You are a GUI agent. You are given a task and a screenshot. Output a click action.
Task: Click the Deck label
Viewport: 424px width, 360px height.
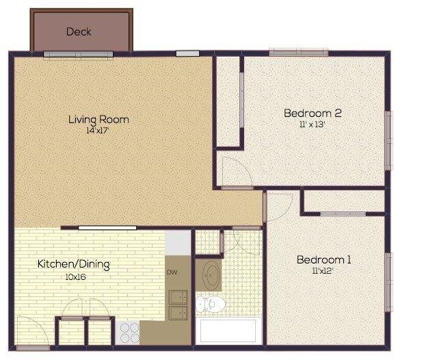(79, 31)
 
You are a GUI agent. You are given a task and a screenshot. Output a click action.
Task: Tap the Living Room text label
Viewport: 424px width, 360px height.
(98, 119)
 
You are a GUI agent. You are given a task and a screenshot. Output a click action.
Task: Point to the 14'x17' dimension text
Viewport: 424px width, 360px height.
(98, 130)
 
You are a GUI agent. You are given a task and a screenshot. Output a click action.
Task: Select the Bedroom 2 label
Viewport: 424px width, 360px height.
(313, 113)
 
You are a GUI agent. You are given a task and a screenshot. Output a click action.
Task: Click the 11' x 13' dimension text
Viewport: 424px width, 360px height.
(313, 125)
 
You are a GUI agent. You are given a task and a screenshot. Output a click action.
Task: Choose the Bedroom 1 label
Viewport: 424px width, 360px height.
(323, 259)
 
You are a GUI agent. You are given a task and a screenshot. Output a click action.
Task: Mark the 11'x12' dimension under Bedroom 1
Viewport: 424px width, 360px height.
(323, 270)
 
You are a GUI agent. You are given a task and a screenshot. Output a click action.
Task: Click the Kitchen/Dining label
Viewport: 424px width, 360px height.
(73, 263)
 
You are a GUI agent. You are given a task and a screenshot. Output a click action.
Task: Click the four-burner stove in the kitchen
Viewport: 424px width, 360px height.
(129, 331)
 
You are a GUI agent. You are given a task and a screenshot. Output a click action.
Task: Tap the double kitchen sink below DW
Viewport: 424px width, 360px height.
(178, 305)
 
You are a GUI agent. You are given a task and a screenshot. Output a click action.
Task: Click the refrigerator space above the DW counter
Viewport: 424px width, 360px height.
(178, 242)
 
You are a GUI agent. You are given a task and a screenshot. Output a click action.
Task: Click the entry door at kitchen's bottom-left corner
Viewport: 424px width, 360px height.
(31, 331)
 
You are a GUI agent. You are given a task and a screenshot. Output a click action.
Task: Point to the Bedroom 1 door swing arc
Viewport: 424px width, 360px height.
(279, 206)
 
